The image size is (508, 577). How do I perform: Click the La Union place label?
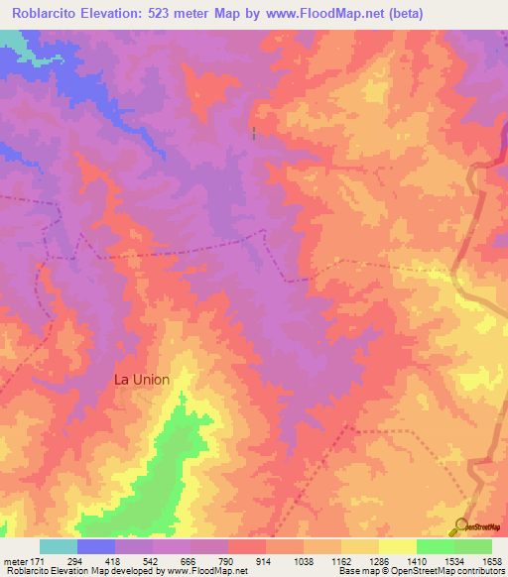coord(142,380)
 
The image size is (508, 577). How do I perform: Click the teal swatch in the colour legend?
coord(59,546)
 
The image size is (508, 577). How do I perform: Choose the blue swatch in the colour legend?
coord(96,546)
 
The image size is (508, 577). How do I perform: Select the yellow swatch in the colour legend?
coord(397,546)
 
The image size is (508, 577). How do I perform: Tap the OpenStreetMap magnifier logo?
coord(461,526)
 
